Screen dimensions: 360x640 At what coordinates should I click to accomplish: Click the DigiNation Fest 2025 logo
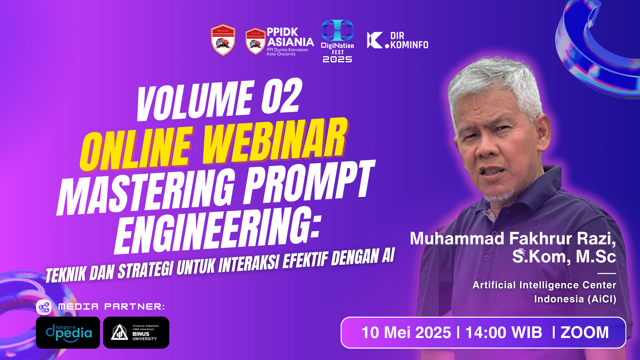click(x=337, y=41)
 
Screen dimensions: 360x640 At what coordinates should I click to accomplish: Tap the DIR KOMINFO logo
click(x=397, y=40)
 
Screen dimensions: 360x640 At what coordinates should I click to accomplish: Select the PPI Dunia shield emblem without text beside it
click(x=223, y=40)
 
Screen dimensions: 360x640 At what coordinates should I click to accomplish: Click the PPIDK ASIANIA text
click(x=290, y=37)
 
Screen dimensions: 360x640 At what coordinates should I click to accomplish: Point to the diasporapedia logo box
click(x=68, y=333)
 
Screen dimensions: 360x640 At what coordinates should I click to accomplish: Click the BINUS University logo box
click(x=136, y=333)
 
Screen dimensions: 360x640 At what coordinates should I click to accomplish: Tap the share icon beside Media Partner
click(x=44, y=307)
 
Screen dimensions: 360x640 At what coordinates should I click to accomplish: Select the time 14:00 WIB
click(x=503, y=333)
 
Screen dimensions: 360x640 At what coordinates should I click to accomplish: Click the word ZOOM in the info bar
click(x=585, y=333)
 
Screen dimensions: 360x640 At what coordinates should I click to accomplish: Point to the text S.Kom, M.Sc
click(x=564, y=257)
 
